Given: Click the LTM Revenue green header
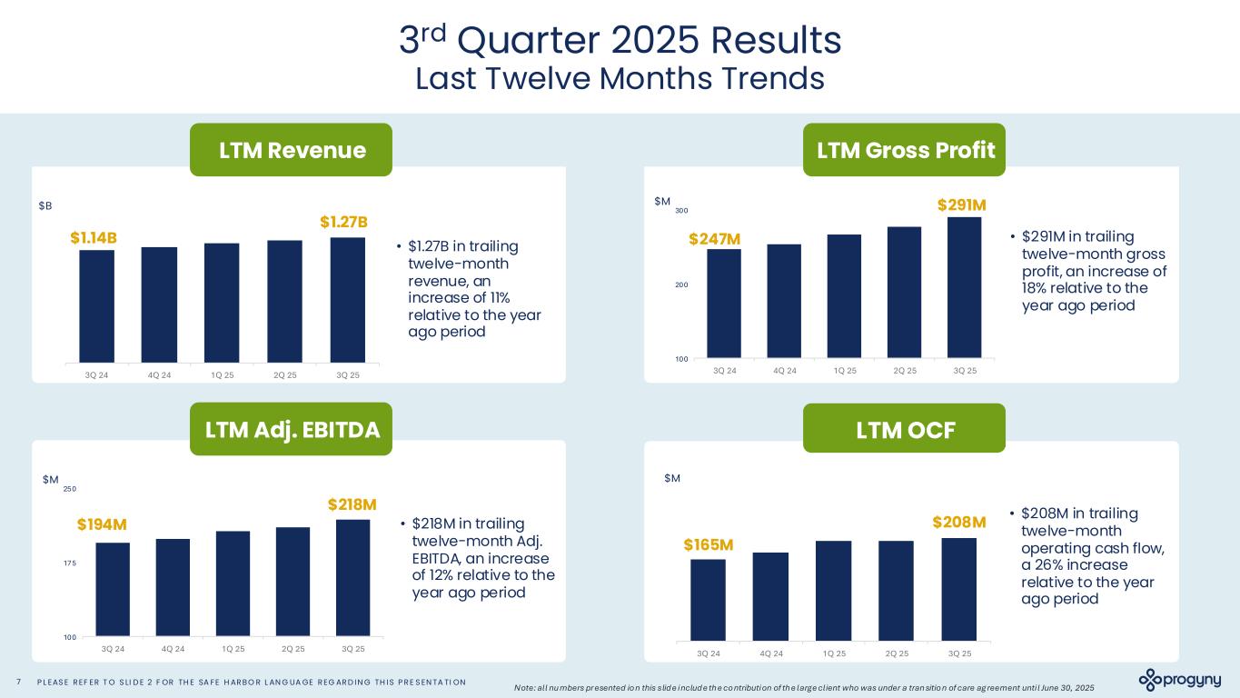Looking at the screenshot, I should point(291,150).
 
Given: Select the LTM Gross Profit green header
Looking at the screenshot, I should point(904,150).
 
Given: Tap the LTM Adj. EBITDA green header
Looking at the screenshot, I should point(291,430).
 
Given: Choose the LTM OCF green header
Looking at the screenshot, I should point(904,430).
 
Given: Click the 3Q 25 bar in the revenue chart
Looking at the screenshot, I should point(347,300).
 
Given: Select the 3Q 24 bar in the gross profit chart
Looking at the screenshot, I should point(724,304).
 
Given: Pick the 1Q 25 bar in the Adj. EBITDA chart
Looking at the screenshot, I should point(233,583).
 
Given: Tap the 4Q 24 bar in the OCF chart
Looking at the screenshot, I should point(770,596).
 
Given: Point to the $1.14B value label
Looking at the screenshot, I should point(94,237).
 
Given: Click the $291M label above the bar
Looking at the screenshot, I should point(962,204).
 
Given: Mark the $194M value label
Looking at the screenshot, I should point(102,524).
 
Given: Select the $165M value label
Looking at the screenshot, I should point(709,544).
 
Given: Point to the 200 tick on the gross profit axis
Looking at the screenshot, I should point(680,284).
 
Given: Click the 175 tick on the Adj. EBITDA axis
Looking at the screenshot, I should point(69,563).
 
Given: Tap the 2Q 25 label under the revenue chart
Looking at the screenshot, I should point(284,374).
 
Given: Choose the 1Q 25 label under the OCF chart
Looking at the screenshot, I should point(834,653).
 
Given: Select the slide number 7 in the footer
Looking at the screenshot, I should point(19,683).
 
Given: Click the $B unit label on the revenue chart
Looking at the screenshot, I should point(45,206).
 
